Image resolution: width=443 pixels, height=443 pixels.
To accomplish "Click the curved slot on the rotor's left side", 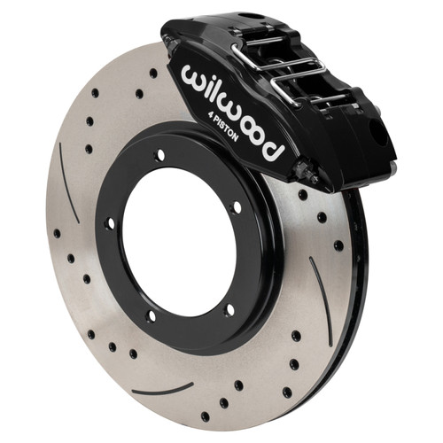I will coord(68,183).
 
